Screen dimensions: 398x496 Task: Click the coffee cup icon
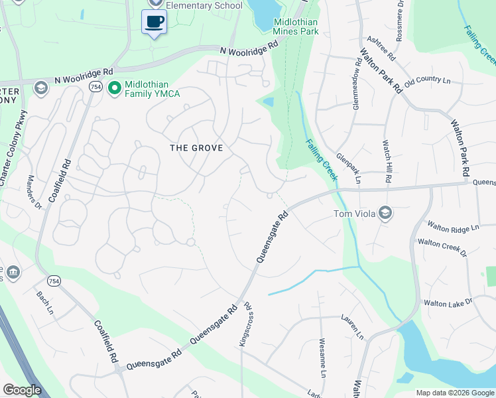point(154,21)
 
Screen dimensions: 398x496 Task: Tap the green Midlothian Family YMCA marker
point(114,87)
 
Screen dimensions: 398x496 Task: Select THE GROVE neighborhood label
point(196,147)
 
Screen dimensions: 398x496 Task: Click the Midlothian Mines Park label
point(296,27)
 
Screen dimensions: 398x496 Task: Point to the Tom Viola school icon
point(386,213)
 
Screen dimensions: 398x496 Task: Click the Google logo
point(22,389)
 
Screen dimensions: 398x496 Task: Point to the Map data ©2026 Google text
point(455,393)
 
